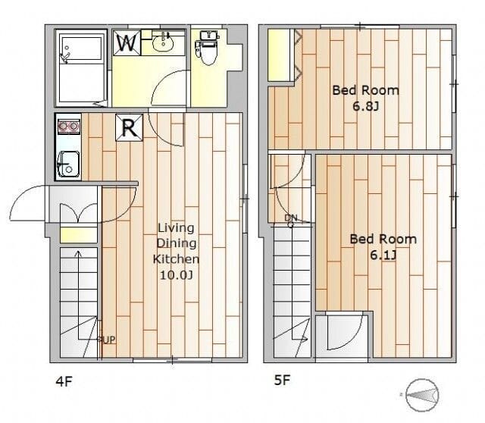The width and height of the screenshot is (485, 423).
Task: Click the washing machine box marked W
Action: pyautogui.click(x=127, y=42)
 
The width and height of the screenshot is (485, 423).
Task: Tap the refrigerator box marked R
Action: pyautogui.click(x=130, y=127)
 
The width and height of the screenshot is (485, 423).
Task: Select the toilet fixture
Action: pyautogui.click(x=207, y=47)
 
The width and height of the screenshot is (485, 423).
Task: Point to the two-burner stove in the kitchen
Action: pyautogui.click(x=69, y=127)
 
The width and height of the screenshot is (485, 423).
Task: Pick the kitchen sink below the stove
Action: pyautogui.click(x=68, y=164)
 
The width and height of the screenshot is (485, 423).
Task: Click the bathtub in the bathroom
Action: pyautogui.click(x=81, y=67)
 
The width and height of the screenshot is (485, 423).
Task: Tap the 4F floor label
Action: pyautogui.click(x=64, y=381)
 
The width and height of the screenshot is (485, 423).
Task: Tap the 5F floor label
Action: pyautogui.click(x=283, y=380)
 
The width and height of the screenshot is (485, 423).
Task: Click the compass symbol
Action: pyautogui.click(x=422, y=395)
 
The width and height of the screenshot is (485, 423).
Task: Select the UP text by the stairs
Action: pyautogui.click(x=108, y=340)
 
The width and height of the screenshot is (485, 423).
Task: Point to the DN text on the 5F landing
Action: pyautogui.click(x=291, y=218)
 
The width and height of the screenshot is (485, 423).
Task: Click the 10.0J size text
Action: pyautogui.click(x=176, y=274)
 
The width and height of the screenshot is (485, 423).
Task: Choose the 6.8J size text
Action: pyautogui.click(x=365, y=106)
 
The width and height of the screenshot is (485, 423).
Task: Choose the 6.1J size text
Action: pyautogui.click(x=383, y=255)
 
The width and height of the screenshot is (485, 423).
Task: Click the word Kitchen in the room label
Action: pyautogui.click(x=176, y=259)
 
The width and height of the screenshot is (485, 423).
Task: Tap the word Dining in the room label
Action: pyautogui.click(x=177, y=243)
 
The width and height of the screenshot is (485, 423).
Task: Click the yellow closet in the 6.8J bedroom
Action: pyautogui.click(x=280, y=55)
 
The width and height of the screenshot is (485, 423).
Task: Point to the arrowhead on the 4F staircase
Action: pyautogui.click(x=79, y=254)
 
